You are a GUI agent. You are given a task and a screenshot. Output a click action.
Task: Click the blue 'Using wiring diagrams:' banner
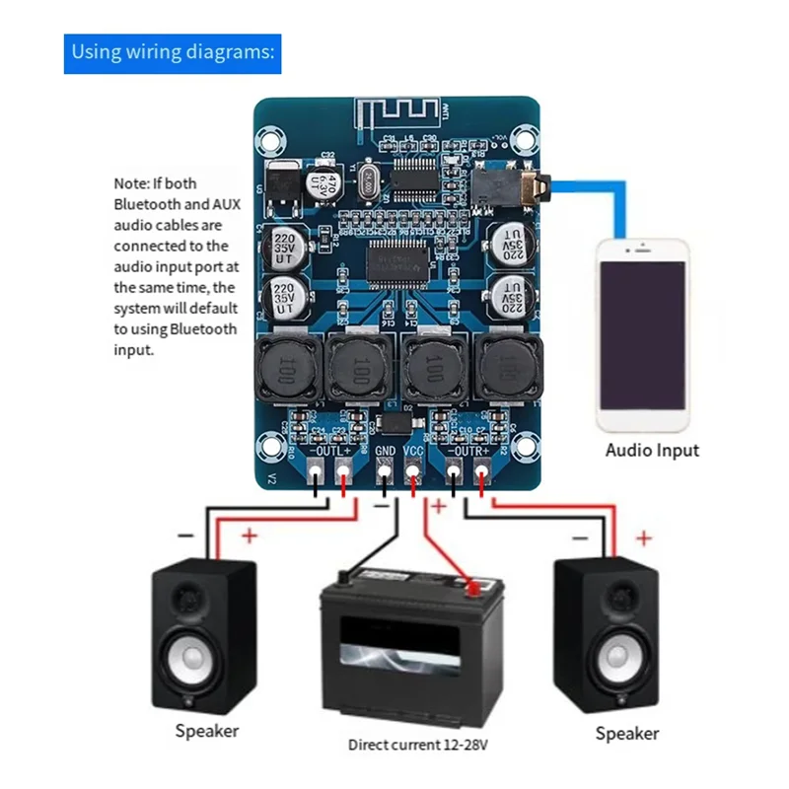[x=174, y=52]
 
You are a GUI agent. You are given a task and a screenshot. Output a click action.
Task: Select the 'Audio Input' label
[x=652, y=450]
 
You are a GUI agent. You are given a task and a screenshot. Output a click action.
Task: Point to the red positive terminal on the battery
[x=474, y=589]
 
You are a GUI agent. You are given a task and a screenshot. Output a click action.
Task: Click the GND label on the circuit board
[x=386, y=451]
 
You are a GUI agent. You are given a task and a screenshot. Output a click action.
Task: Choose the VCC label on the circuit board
[x=415, y=451]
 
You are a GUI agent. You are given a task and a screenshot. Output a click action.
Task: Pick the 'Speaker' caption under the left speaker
[x=207, y=731]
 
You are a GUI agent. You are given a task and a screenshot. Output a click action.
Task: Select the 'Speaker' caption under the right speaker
[x=627, y=733]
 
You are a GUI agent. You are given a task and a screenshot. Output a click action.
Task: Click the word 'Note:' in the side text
[x=131, y=183]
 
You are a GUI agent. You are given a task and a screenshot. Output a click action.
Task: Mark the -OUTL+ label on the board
[x=330, y=451]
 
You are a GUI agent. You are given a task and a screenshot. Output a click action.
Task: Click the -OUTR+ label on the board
[x=468, y=451]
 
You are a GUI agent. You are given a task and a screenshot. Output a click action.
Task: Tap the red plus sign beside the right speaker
[x=644, y=538]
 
